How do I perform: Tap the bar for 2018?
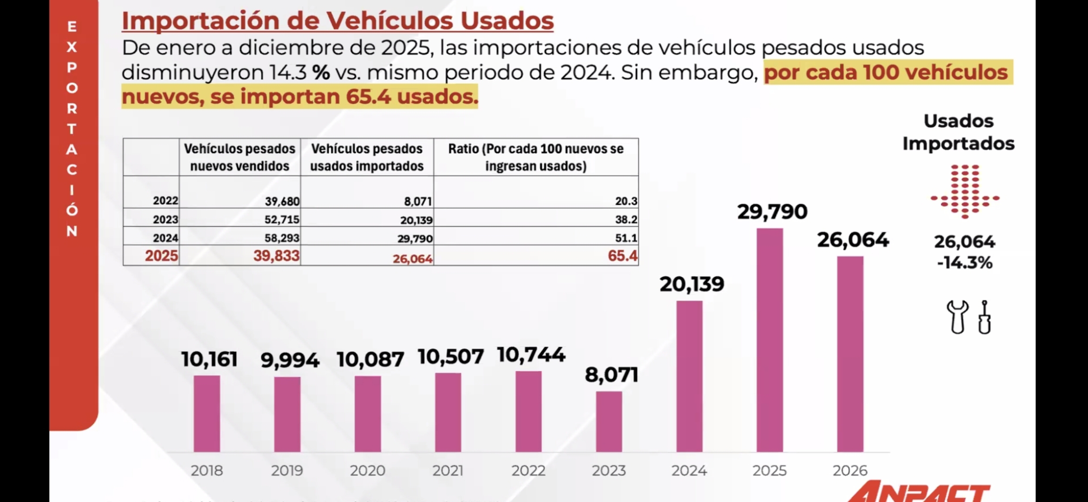[x=207, y=414]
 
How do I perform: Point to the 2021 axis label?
[x=448, y=470]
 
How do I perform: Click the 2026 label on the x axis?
[x=850, y=470]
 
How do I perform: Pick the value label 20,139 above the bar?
[x=692, y=284]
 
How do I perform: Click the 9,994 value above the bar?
[x=290, y=360]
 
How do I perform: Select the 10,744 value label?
[x=531, y=355]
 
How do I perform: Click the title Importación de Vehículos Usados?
[x=338, y=20]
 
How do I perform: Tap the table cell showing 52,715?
[x=282, y=219]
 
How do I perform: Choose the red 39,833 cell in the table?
[x=276, y=256]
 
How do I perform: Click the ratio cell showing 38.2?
[x=626, y=219]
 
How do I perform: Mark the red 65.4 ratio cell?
[x=622, y=256]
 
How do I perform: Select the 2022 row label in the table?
[x=166, y=201]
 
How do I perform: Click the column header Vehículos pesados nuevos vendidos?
[x=239, y=157]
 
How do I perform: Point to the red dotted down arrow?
[x=965, y=191]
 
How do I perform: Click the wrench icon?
[x=957, y=317]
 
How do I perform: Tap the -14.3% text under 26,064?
[x=965, y=263]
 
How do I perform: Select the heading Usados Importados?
[x=958, y=132]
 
